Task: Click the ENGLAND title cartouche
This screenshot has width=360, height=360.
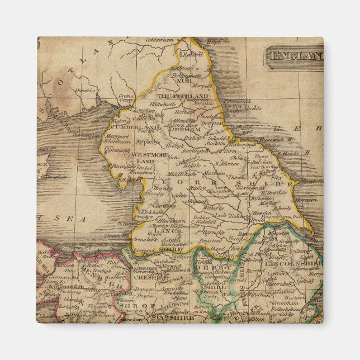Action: pos(295,56)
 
